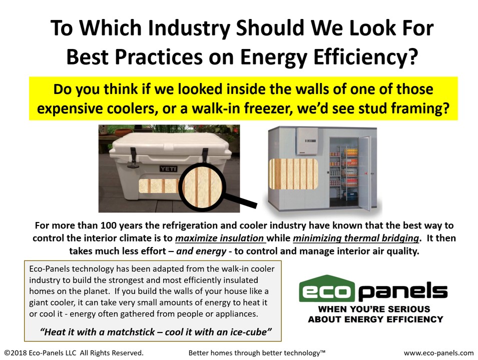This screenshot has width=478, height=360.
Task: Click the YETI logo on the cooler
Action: click(x=168, y=168)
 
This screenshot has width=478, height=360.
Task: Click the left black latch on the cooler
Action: click(x=133, y=157)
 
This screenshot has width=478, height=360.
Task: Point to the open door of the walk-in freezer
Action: click(x=364, y=173)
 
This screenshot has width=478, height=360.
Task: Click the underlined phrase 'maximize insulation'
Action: click(x=220, y=238)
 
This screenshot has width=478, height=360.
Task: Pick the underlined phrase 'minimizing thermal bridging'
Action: click(x=356, y=238)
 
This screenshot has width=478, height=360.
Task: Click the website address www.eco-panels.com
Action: click(x=438, y=353)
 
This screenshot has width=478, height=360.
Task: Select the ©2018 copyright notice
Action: click(x=74, y=353)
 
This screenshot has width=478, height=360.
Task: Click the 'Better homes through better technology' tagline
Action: click(x=257, y=353)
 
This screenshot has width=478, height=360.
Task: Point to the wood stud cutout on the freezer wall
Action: click(x=293, y=173)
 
